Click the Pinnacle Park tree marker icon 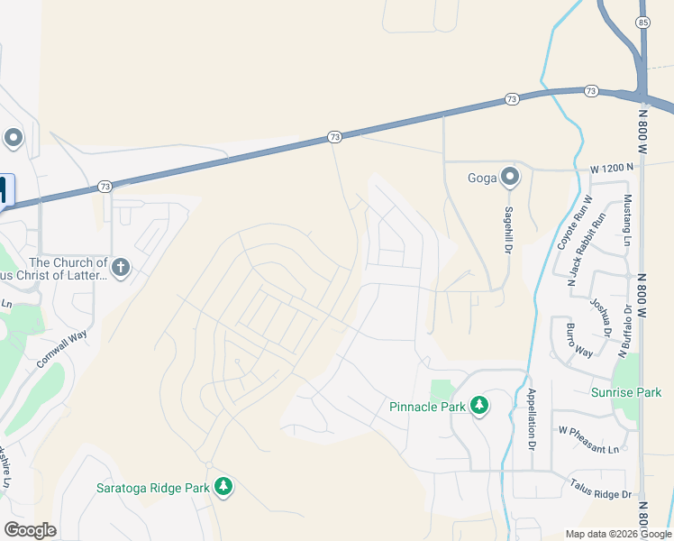click(479, 407)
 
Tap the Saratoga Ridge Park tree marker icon click(223, 488)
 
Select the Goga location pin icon click(510, 177)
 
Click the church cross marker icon click(121, 267)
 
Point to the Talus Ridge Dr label click(601, 489)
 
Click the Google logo click(30, 530)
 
